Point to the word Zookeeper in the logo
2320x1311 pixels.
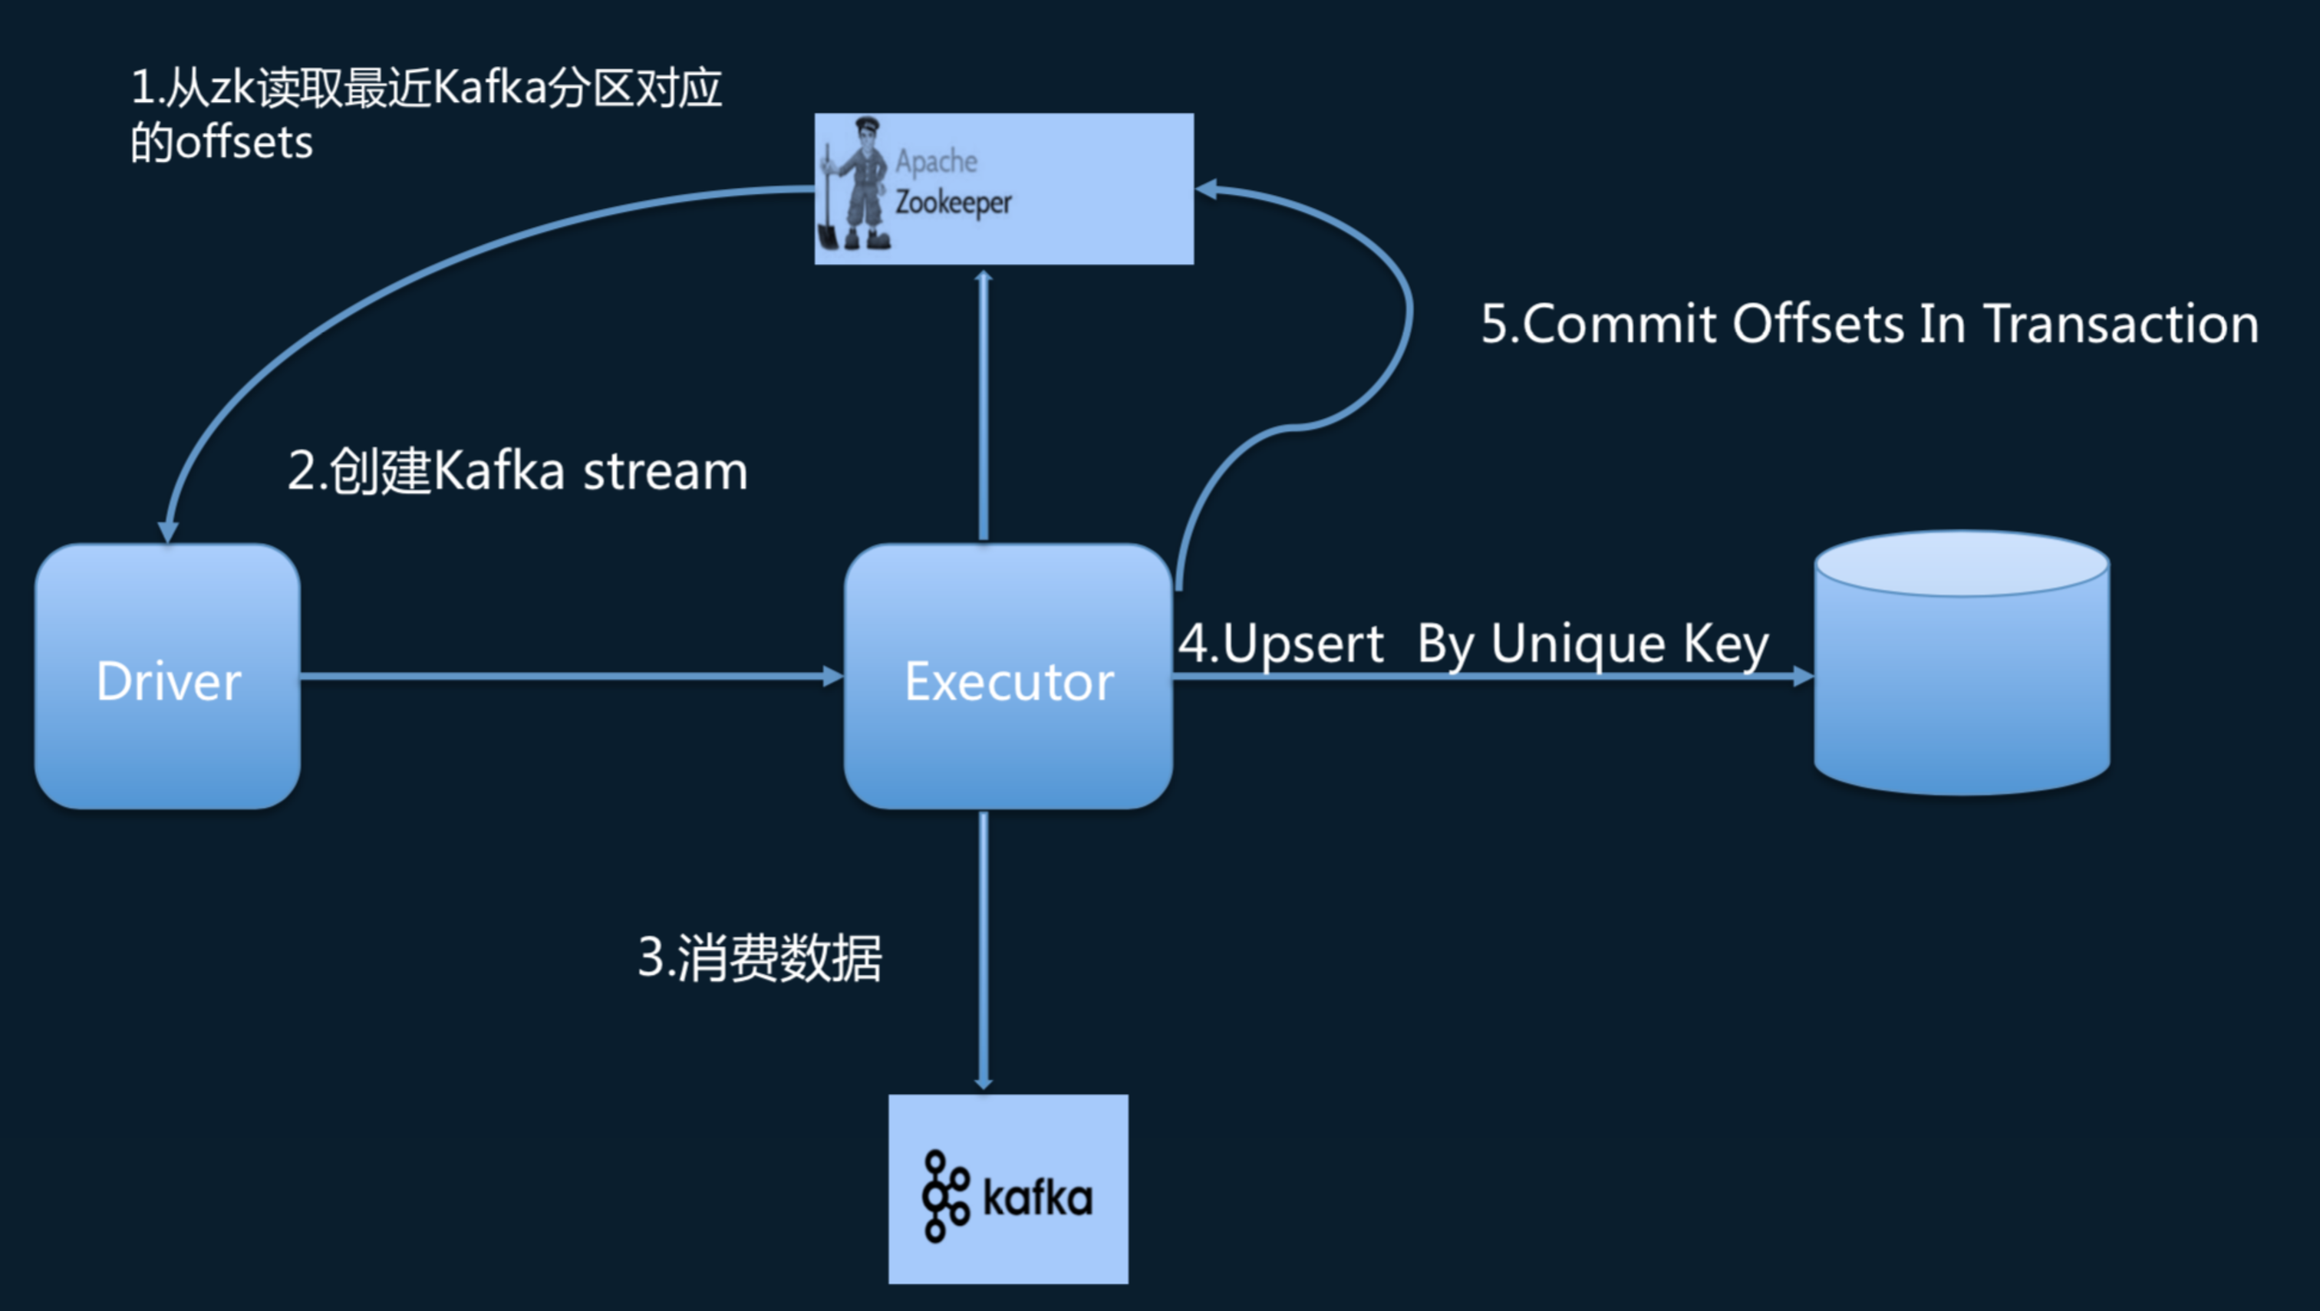(953, 203)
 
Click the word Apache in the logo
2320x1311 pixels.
(936, 161)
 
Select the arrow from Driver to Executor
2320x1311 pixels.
(568, 675)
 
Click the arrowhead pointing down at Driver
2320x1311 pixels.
(167, 532)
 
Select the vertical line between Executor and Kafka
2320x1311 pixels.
(983, 945)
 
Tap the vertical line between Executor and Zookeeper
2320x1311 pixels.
(984, 405)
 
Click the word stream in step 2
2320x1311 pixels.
(664, 472)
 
